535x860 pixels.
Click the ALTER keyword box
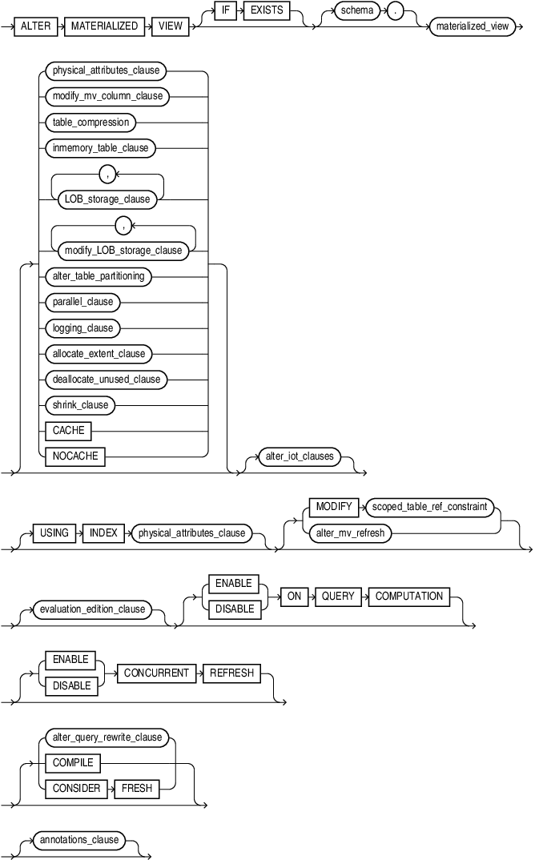[x=36, y=26]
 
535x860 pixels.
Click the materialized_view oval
[x=472, y=26]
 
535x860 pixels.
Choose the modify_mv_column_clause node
[x=107, y=96]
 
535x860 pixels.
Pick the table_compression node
[x=89, y=122]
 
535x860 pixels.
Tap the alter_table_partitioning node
[x=99, y=275]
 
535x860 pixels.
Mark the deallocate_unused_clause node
[x=106, y=380]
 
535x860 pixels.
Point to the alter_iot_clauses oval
[x=298, y=456]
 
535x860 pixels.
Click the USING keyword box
[x=54, y=532]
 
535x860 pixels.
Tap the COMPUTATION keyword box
[x=408, y=596]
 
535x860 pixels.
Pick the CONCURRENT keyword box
[x=156, y=673]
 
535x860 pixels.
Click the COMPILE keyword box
[x=73, y=762]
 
